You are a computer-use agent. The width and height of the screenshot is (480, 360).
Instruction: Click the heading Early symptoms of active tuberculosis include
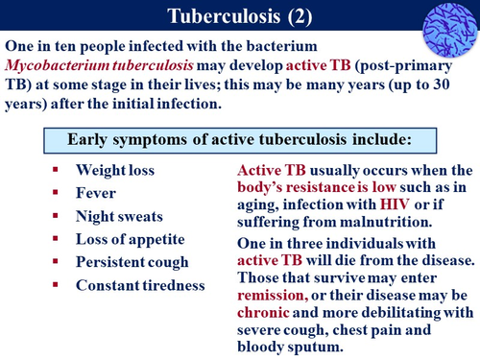click(x=238, y=138)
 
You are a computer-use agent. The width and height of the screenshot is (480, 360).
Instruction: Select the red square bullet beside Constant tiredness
click(x=58, y=284)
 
